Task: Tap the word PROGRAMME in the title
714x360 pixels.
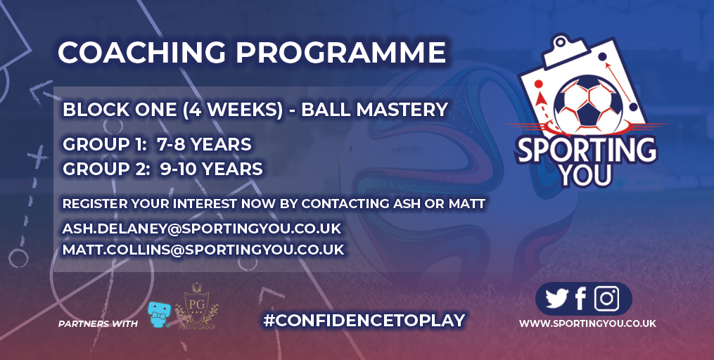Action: pos(340,52)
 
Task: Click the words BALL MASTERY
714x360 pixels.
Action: pos(374,110)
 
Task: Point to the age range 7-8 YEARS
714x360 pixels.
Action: pos(204,144)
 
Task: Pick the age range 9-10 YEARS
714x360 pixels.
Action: pos(211,169)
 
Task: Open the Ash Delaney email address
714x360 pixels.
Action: pos(202,229)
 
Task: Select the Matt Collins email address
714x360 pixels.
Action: pos(203,250)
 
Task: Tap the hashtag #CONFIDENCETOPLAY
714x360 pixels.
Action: pos(364,321)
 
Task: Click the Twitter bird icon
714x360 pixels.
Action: pos(557,299)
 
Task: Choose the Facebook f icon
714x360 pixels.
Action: pos(580,299)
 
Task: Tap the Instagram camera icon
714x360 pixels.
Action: pos(606,299)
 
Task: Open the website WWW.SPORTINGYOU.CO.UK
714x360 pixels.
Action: pos(587,323)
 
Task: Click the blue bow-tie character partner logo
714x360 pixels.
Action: pos(159,314)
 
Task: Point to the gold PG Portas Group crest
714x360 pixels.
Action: pos(197,306)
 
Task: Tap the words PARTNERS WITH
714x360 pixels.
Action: pos(98,324)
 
